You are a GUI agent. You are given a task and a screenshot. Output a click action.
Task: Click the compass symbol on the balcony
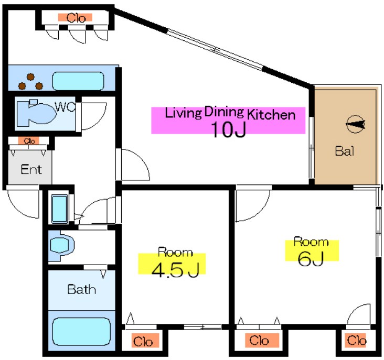(x=355, y=124)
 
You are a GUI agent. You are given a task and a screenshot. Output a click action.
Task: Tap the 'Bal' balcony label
(x=345, y=151)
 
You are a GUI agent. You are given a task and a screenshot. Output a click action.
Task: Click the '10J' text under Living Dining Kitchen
(x=228, y=129)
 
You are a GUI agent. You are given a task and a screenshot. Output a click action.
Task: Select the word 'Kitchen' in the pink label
(x=271, y=114)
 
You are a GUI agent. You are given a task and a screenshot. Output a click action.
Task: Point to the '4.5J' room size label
(x=175, y=270)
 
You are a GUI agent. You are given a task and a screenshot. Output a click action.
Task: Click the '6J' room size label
(x=311, y=258)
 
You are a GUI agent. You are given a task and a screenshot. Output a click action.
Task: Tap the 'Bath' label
(x=81, y=289)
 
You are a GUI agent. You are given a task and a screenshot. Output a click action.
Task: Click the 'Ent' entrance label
(x=31, y=169)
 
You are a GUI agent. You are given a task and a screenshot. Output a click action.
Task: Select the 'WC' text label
(x=65, y=107)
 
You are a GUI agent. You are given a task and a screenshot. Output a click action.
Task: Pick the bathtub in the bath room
(x=81, y=331)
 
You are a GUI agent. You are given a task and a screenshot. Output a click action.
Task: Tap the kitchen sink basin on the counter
(x=78, y=81)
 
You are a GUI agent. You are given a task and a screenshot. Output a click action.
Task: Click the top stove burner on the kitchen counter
(x=30, y=77)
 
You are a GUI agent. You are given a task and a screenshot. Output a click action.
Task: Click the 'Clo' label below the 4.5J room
(x=143, y=342)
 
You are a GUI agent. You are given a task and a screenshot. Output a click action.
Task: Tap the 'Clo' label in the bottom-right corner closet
(x=357, y=340)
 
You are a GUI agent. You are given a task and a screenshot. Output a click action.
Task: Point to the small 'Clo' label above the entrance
(x=29, y=141)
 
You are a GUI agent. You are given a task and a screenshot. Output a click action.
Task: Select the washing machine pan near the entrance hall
(x=59, y=209)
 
